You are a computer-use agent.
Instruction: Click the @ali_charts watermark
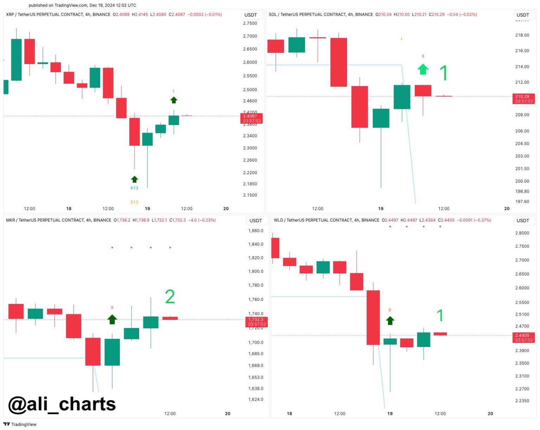coord(62,404)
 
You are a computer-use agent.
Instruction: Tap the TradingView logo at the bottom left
coord(20,424)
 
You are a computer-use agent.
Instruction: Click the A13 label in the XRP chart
coord(134,188)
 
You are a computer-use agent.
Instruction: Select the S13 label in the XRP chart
coord(134,202)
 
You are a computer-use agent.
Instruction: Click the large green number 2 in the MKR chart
coord(170,297)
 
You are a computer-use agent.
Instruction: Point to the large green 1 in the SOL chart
coord(444,73)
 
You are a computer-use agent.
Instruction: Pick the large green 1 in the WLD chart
coord(440,316)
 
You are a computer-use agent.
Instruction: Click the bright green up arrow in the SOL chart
coord(423,69)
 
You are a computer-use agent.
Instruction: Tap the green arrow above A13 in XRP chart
coord(134,179)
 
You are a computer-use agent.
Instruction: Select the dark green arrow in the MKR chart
coord(112,320)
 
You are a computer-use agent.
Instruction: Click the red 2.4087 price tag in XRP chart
coord(251,118)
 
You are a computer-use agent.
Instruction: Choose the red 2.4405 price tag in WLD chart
coord(524,337)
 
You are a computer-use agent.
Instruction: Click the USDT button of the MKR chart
coord(256,221)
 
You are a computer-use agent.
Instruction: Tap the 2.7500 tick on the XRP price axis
coord(250,23)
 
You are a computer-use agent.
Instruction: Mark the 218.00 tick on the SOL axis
coord(522,35)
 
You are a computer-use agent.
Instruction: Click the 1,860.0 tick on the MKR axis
coord(256,231)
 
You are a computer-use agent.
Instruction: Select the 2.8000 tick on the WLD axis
coord(522,233)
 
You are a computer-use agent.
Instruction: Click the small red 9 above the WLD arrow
coord(390,310)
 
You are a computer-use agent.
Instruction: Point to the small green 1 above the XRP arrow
coord(173,91)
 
